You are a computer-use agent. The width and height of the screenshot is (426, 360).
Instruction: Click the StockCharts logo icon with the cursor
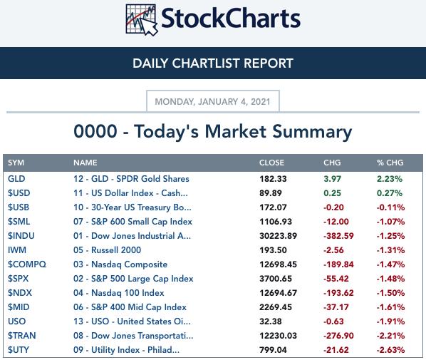[x=142, y=20]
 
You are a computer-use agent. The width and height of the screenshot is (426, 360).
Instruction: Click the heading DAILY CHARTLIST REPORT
[x=213, y=63]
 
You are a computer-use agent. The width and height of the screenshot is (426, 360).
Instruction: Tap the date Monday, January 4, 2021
[x=212, y=102]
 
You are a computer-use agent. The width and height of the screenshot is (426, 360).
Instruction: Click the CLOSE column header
[x=271, y=163]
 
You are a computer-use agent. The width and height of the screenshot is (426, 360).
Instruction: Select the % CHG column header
[x=390, y=163]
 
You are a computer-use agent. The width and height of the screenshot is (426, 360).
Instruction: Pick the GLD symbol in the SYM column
[x=16, y=179]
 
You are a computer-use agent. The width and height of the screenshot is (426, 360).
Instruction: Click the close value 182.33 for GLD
[x=273, y=179]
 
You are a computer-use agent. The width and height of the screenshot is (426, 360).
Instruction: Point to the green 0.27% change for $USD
[x=390, y=193]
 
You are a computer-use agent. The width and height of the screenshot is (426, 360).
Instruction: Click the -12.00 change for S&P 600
[x=336, y=222]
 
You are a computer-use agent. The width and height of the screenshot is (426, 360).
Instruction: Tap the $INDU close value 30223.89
[x=279, y=236]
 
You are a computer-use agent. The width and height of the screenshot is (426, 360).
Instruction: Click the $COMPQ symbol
[x=27, y=264]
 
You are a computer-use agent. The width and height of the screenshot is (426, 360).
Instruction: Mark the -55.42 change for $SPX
[x=336, y=279]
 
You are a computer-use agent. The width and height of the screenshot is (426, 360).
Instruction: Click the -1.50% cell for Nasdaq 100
[x=390, y=293]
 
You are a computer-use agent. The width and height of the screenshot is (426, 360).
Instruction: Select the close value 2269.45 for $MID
[x=276, y=307]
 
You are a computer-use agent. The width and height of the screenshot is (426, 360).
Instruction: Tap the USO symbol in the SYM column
[x=17, y=322]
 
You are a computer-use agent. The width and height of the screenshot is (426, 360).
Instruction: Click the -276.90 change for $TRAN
[x=338, y=336]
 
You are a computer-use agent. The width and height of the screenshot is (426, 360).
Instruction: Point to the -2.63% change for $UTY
[x=390, y=350]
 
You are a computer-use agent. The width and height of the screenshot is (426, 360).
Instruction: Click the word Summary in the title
[x=312, y=132]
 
